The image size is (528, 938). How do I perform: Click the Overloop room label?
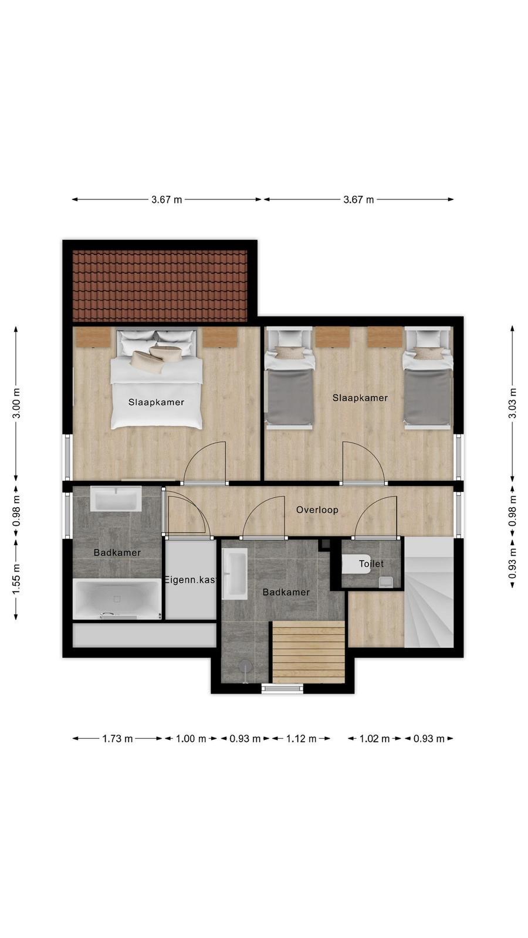coord(317,509)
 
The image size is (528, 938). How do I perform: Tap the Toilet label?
coord(371,563)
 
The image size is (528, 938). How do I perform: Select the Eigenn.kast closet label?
coord(191,580)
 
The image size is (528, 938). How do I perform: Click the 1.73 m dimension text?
coord(117,739)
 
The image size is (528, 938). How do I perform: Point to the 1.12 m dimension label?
coord(301,739)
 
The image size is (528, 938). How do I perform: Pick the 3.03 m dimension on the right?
coord(512,403)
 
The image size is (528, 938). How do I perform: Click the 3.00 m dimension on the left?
coord(16,403)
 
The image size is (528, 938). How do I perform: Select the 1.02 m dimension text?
coord(374,739)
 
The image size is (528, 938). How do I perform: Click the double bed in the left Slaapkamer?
coord(156,379)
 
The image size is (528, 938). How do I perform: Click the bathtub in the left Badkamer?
coord(117,599)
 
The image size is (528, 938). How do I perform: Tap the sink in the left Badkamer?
coord(116,499)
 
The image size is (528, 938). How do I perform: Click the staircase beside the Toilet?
coord(429,593)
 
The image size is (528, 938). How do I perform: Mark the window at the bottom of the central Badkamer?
coord(282,688)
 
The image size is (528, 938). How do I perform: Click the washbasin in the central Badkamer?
coord(235,575)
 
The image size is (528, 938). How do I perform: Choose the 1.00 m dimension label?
coord(191,739)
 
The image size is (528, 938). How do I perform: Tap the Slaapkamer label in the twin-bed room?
coord(360,398)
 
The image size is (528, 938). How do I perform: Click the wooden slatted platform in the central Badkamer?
coord(309,652)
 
